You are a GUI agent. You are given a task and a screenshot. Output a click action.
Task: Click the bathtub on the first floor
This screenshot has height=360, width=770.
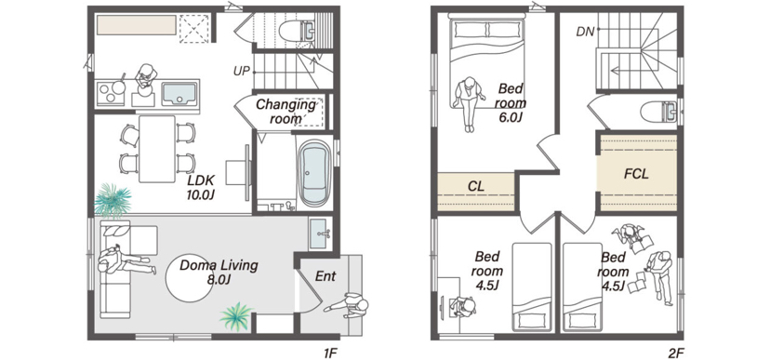(x=314, y=173)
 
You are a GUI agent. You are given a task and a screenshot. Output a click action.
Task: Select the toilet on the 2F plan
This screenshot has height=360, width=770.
(x=659, y=112)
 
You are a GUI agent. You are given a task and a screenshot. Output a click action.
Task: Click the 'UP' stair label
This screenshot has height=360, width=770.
(x=242, y=72)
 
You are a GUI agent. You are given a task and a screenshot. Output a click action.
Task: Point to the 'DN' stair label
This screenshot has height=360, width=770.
(x=585, y=33)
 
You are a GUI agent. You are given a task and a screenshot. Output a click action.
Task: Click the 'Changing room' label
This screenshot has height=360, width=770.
(x=285, y=112)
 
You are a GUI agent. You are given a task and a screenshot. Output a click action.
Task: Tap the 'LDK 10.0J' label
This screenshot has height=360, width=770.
(x=201, y=187)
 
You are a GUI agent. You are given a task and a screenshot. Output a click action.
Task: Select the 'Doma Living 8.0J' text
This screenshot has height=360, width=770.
(x=219, y=273)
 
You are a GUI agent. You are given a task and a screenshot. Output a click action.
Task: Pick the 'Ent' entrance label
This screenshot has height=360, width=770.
(x=325, y=276)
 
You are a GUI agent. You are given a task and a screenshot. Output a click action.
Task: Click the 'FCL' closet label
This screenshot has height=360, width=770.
(x=636, y=174)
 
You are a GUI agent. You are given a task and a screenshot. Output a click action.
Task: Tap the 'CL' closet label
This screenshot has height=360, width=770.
(x=476, y=186)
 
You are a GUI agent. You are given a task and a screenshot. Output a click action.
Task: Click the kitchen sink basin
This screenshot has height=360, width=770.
(x=179, y=93)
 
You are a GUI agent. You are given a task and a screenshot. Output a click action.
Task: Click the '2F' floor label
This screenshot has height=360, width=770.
(x=672, y=353)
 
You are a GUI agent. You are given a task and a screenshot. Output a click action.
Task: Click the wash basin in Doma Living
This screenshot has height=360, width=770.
(x=321, y=233)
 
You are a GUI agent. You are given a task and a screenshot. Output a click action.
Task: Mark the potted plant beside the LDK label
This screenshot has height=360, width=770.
(x=113, y=200)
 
